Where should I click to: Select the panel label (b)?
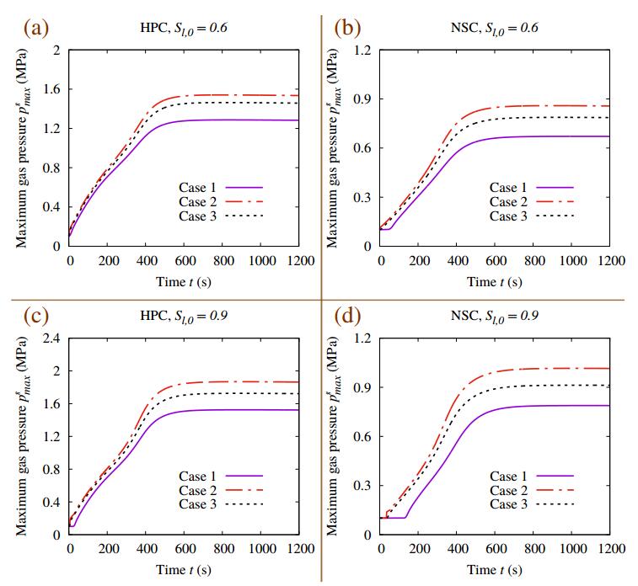click(x=347, y=27)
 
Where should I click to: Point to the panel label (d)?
click(x=347, y=316)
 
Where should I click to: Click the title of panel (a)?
click(x=183, y=28)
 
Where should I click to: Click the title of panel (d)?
click(x=494, y=317)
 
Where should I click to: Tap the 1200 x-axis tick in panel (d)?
click(x=609, y=550)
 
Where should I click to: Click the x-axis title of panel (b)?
click(x=495, y=281)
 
